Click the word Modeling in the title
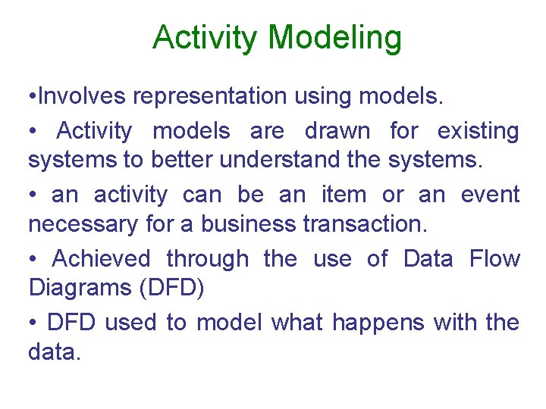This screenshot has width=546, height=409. pos(335,38)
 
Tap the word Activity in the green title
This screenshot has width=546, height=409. pos(206,38)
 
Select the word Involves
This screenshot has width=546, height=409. pos(83,98)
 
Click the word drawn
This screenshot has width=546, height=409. pos(337,131)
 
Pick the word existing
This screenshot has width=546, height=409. pos(478,131)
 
